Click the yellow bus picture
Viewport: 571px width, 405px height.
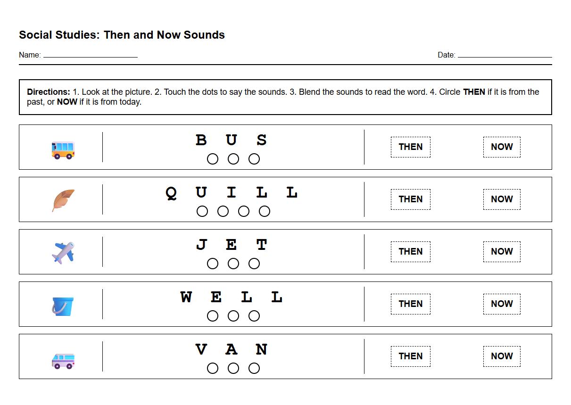point(63,150)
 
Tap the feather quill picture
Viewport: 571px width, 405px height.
point(63,200)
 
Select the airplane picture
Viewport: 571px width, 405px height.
point(63,253)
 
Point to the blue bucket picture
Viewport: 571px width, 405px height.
point(63,306)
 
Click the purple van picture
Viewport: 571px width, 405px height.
point(63,361)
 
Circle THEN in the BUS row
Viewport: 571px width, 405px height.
point(410,147)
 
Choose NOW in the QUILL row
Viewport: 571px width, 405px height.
point(502,199)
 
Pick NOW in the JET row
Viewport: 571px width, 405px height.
point(502,251)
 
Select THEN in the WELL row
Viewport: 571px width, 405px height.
point(410,304)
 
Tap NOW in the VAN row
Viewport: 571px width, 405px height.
point(502,356)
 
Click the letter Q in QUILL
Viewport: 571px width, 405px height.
point(171,193)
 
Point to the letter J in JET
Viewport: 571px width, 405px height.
point(201,245)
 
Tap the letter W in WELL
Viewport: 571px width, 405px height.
point(186,298)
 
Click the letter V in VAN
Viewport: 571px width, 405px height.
point(201,350)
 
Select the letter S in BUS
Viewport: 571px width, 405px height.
point(262,141)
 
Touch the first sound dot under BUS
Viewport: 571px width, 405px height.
point(213,159)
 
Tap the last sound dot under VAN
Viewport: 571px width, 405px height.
point(254,368)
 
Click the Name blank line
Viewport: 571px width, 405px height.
point(90,56)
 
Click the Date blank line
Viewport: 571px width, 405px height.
point(505,56)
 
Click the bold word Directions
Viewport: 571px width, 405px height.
point(49,92)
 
